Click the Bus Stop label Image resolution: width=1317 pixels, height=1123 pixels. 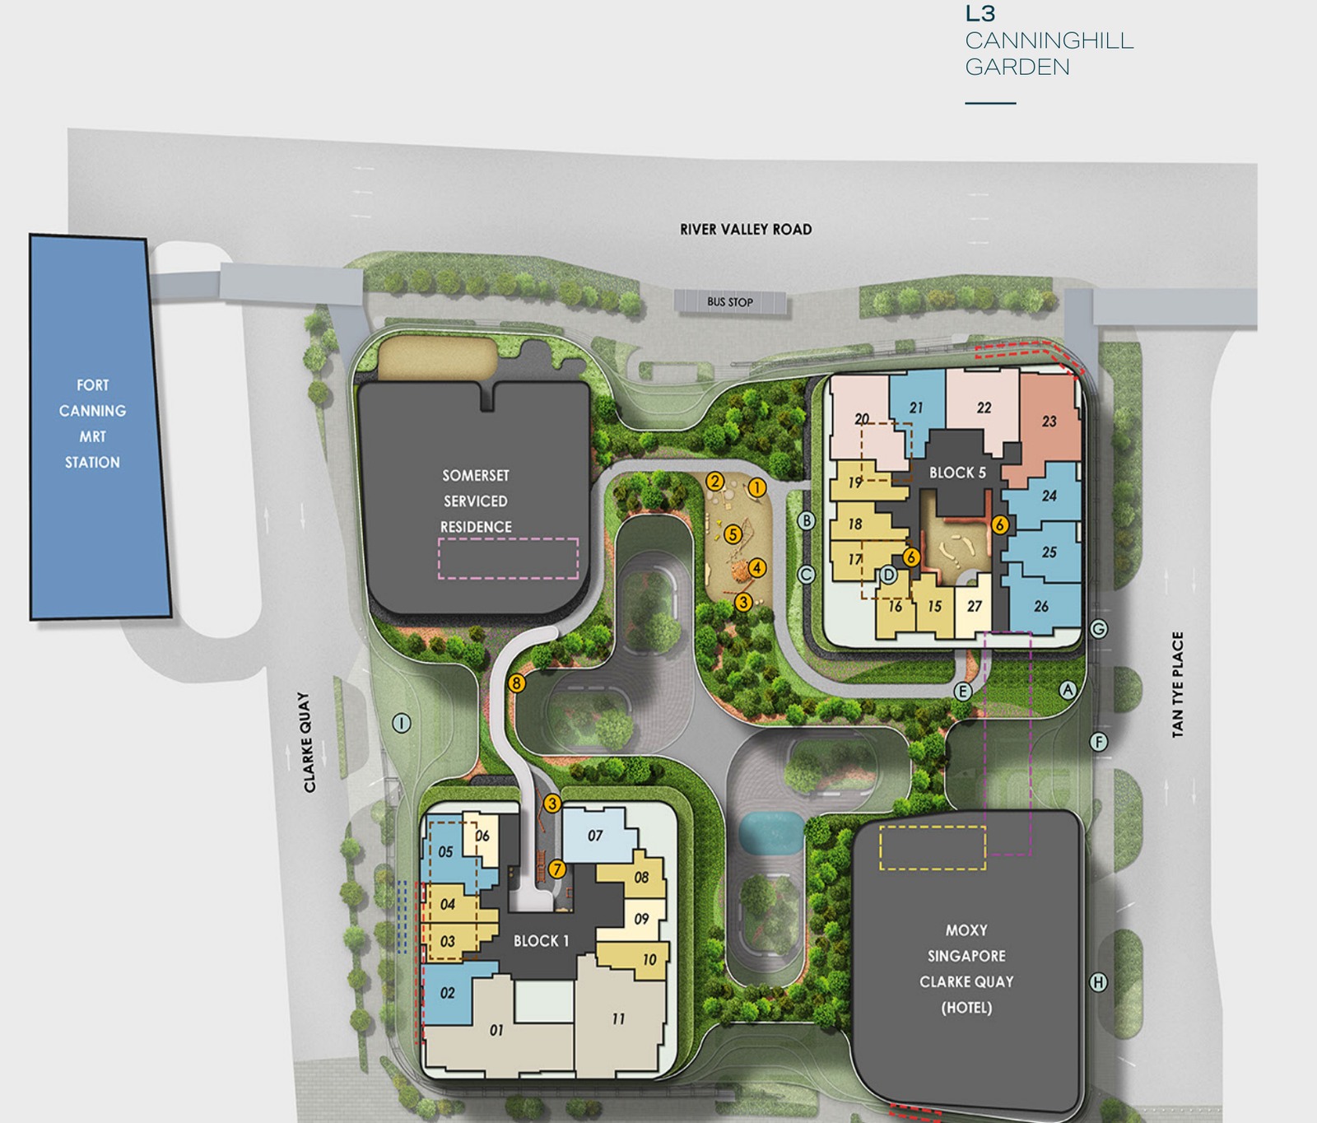pyautogui.click(x=730, y=302)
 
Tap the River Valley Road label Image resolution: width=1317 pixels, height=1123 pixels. pyautogui.click(x=746, y=230)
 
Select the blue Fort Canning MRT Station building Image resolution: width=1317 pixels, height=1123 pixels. pyautogui.click(x=100, y=426)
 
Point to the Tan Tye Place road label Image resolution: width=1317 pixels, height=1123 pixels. pyautogui.click(x=1178, y=684)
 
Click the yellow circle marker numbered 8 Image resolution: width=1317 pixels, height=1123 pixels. pyautogui.click(x=517, y=683)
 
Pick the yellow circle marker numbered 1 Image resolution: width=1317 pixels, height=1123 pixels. pyautogui.click(x=757, y=487)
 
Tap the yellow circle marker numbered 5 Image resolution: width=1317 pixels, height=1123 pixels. pyautogui.click(x=733, y=534)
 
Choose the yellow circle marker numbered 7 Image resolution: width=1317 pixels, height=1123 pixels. pyautogui.click(x=557, y=869)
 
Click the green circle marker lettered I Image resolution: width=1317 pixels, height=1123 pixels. pyautogui.click(x=402, y=723)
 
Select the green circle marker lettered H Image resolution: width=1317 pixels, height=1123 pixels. pyautogui.click(x=1098, y=982)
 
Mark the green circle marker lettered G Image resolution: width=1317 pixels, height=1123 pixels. pyautogui.click(x=1098, y=629)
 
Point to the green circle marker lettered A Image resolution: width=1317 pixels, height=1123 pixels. pyautogui.click(x=1068, y=690)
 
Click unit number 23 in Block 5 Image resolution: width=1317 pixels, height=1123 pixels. pyautogui.click(x=1049, y=422)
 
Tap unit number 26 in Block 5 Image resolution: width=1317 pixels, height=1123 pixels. pyautogui.click(x=1041, y=606)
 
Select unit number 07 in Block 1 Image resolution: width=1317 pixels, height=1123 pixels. pyautogui.click(x=595, y=836)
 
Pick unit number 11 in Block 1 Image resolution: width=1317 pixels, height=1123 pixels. pyautogui.click(x=618, y=1019)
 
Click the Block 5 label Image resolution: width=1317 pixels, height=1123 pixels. pyautogui.click(x=957, y=473)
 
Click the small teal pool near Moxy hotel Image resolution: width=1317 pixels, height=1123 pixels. pyautogui.click(x=771, y=832)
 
